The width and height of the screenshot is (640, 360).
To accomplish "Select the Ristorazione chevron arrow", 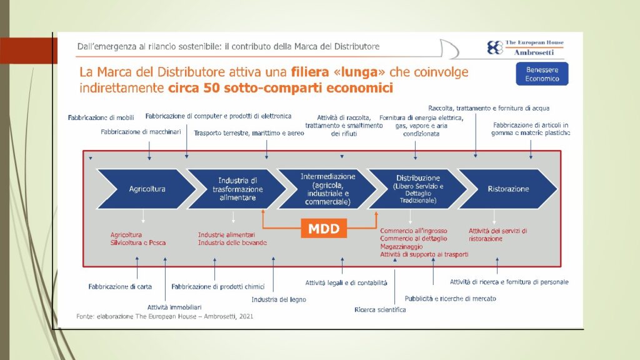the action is coord(508,189).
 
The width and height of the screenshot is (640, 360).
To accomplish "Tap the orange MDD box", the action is coord(324,228).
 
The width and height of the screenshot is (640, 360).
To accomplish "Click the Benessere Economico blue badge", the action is coord(542,74).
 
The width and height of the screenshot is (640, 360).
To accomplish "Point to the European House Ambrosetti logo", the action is coord(526,47).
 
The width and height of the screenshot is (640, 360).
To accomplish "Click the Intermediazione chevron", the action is coord(327,189).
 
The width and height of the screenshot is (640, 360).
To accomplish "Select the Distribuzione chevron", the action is coord(417,189).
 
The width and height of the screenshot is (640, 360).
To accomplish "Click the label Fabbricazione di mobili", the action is coord(101,117).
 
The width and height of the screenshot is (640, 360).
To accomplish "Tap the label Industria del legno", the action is coord(279,299).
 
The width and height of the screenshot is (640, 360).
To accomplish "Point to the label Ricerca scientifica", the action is coord(380,310).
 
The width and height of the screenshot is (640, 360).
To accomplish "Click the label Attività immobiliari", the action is coord(174,307).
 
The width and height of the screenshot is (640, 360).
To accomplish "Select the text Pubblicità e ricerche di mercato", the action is coord(450,299).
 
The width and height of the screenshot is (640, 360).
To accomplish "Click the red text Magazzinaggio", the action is coord(401,246).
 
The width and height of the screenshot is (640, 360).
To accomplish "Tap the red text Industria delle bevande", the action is coord(232,243).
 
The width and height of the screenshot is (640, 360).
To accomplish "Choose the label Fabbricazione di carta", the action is coord(120,286).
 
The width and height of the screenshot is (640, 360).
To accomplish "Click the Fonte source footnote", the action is coord(164,316).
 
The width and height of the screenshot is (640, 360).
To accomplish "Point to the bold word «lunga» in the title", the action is coord(359,72).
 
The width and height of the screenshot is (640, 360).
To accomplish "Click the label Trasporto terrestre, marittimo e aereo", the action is coord(249,133).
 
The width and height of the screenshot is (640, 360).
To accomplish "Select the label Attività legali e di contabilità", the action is coord(346,282).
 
